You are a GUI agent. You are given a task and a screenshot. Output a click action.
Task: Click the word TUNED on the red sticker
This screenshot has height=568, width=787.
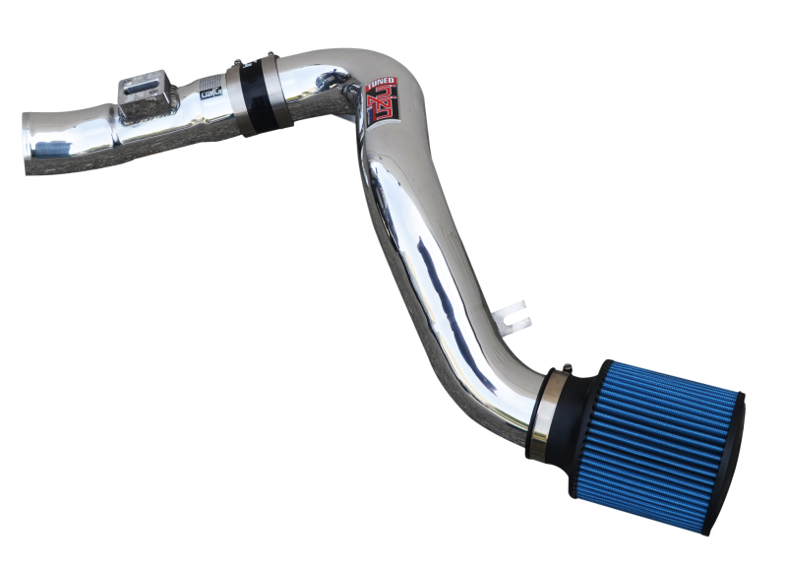point(383,86)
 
